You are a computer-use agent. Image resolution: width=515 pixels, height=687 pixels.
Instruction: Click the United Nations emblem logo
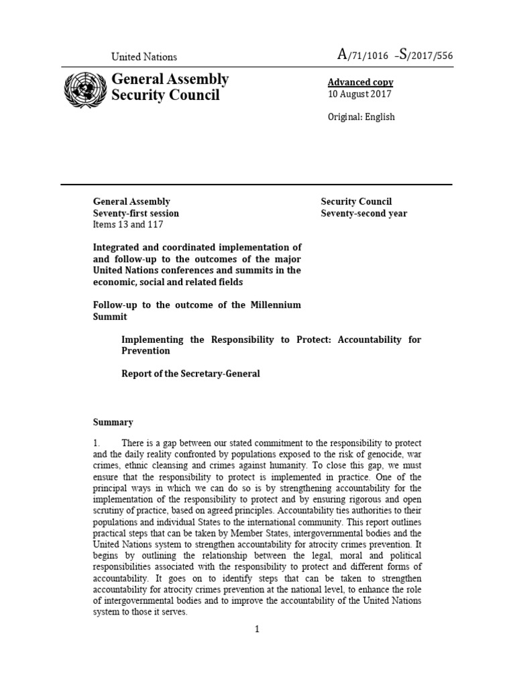pos(84,89)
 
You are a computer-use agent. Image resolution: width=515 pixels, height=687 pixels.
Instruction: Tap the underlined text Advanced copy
pos(360,82)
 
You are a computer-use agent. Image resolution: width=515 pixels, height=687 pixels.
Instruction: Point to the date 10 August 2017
pos(359,94)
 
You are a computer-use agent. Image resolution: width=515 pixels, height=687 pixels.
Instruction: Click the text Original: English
pos(361,117)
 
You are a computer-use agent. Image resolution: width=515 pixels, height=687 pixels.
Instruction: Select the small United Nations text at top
pos(144,57)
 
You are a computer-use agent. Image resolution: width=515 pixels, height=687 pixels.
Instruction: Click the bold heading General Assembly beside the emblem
pos(170,79)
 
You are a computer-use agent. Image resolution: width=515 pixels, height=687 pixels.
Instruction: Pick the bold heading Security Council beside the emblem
pos(165,95)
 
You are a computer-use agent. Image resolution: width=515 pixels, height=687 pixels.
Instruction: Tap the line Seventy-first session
pos(135,213)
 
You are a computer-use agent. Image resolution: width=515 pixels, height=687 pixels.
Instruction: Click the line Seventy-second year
pos(363,213)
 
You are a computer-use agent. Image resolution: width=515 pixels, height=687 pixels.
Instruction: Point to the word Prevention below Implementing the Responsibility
pos(146,351)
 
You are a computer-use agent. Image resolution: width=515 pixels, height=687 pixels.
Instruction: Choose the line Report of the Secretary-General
pos(190,374)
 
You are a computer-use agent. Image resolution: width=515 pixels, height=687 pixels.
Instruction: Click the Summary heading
pos(113,422)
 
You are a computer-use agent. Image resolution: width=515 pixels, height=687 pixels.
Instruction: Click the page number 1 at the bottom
pos(257,629)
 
